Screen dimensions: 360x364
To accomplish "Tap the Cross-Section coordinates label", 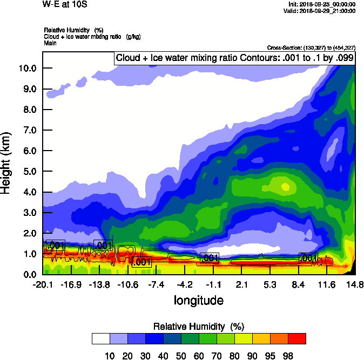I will click(311, 47).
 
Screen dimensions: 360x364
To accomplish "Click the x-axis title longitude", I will click(198, 300).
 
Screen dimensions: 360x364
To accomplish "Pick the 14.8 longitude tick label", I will click(354, 284).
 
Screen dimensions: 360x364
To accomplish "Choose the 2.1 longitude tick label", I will click(241, 284).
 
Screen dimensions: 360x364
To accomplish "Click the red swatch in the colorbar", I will click(296, 338).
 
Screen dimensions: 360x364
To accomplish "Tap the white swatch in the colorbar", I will click(100, 338).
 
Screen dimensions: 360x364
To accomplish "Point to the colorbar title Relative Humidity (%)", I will click(199, 327).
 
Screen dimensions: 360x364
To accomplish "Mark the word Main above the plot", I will click(50, 43).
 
